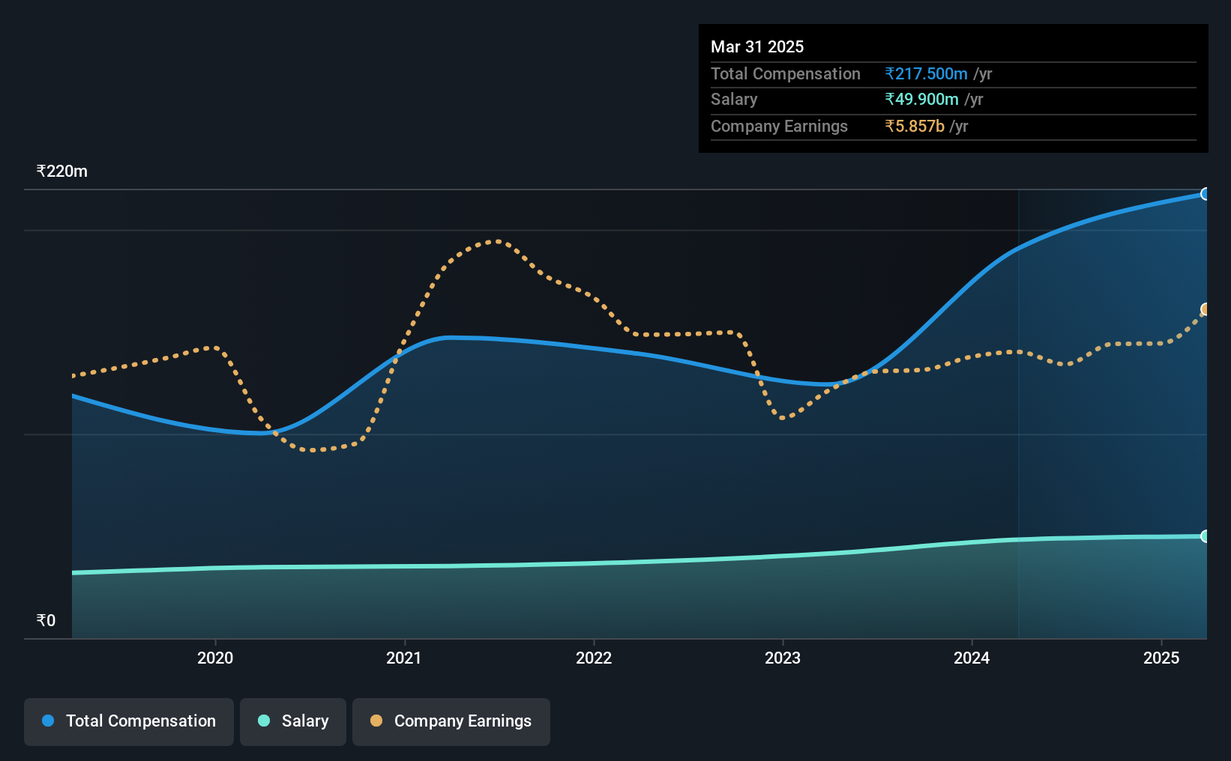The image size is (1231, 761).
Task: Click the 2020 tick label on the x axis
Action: tap(215, 658)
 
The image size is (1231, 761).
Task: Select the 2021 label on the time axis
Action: tap(404, 658)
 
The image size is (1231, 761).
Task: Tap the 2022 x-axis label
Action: tap(594, 658)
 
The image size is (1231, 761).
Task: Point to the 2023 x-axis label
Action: tap(783, 658)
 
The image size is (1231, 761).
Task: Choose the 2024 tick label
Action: tap(972, 658)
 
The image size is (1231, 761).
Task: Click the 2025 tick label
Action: tap(1161, 658)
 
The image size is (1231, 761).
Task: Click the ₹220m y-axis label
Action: tap(61, 172)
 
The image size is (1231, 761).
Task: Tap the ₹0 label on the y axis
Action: tap(46, 620)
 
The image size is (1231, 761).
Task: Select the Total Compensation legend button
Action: tap(129, 721)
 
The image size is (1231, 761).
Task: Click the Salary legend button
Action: tap(293, 721)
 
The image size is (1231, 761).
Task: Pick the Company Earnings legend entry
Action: tap(451, 721)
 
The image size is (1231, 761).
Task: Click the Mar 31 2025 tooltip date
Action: tap(756, 46)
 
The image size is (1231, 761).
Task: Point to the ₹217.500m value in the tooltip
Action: tap(926, 73)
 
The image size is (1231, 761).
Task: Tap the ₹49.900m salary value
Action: tap(921, 100)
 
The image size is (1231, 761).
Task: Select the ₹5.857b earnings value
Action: tap(915, 127)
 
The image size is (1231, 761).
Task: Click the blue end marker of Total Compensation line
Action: tap(1204, 194)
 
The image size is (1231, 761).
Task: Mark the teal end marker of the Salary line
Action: tap(1204, 536)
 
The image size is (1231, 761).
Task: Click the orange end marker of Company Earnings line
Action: tap(1204, 309)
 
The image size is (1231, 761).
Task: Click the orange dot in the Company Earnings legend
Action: tap(376, 721)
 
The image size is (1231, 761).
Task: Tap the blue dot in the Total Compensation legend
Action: tap(48, 721)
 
